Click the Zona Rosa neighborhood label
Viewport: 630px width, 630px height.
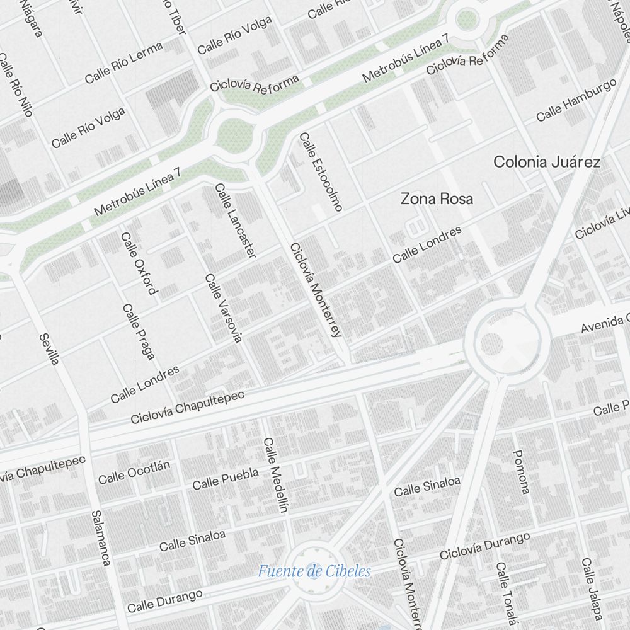pyautogui.click(x=437, y=199)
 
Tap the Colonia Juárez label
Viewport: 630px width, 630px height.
pyautogui.click(x=546, y=162)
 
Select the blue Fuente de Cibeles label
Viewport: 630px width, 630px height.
pyautogui.click(x=314, y=571)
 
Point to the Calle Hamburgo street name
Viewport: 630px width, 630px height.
pyautogui.click(x=576, y=101)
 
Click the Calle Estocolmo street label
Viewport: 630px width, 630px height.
pyautogui.click(x=321, y=171)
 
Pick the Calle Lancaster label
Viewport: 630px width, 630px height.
pyautogui.click(x=236, y=220)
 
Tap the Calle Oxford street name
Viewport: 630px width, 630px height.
pyautogui.click(x=138, y=263)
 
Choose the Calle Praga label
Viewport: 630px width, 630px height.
pyautogui.click(x=139, y=332)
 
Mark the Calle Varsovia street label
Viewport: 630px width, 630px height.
pyautogui.click(x=223, y=308)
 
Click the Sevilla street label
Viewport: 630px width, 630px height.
pyautogui.click(x=49, y=349)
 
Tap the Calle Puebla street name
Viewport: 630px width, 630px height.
pyautogui.click(x=225, y=478)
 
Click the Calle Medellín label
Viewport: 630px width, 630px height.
pyautogui.click(x=275, y=474)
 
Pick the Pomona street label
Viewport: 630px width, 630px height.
pyautogui.click(x=521, y=471)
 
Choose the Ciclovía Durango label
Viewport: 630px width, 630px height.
pyautogui.click(x=484, y=546)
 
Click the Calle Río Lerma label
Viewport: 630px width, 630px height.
pyautogui.click(x=123, y=62)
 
